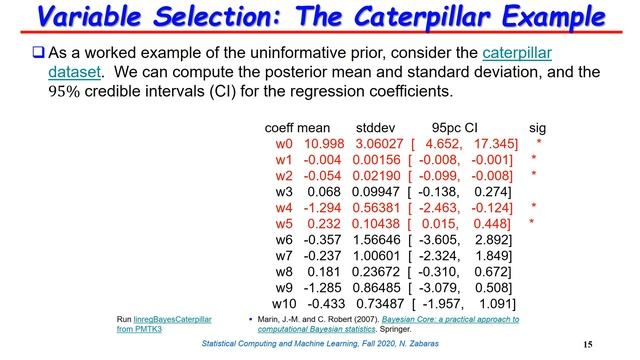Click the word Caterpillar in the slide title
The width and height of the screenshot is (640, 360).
click(447, 18)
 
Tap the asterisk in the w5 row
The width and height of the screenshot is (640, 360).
click(533, 223)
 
